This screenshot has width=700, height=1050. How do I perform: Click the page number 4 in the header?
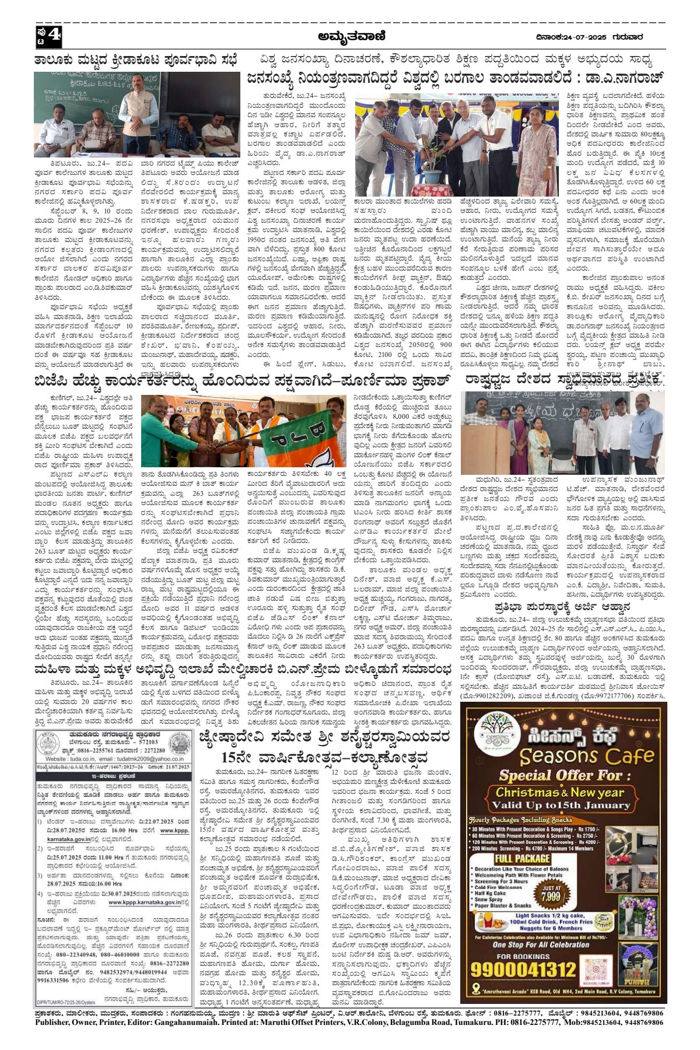pyautogui.click(x=54, y=37)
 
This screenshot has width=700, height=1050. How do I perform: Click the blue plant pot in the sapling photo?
pyautogui.click(x=433, y=175)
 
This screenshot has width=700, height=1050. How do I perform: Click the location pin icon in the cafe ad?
pyautogui.click(x=477, y=988)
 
